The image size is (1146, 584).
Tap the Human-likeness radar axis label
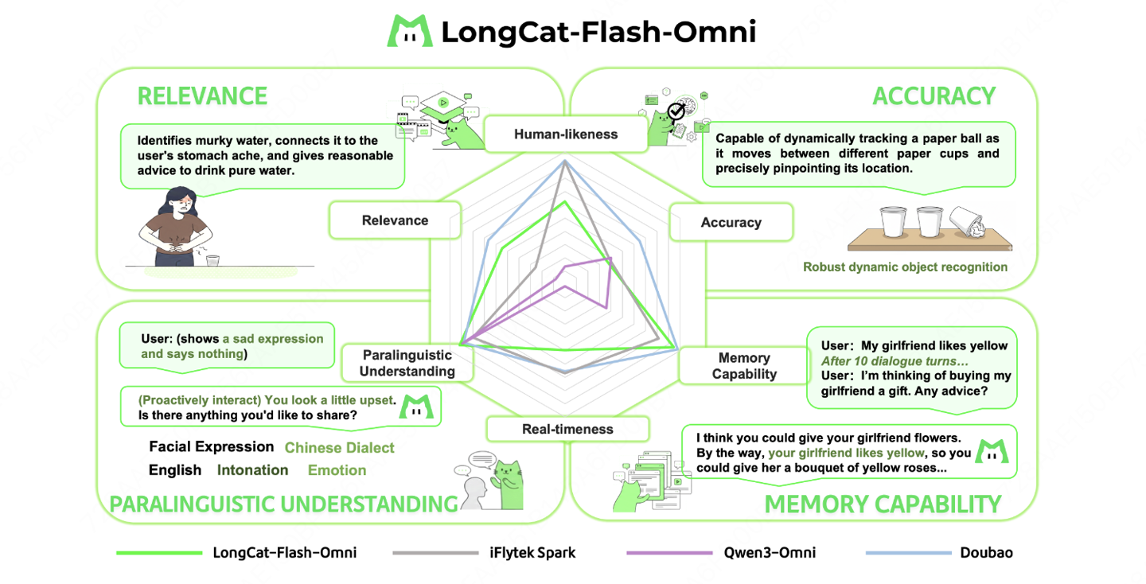pos(565,134)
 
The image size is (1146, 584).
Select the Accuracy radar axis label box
pos(731,223)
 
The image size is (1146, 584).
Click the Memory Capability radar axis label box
pos(743,366)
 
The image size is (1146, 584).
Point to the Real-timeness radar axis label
pos(567,430)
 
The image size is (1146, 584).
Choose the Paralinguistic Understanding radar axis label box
pos(407,364)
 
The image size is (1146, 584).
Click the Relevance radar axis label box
pos(395,220)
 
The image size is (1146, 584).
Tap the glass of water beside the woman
pos(212,259)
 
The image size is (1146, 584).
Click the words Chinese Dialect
pos(339,448)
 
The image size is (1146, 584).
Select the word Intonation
pos(252,470)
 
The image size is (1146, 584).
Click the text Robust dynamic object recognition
pos(905,267)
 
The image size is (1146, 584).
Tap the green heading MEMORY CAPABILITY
pos(882,504)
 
